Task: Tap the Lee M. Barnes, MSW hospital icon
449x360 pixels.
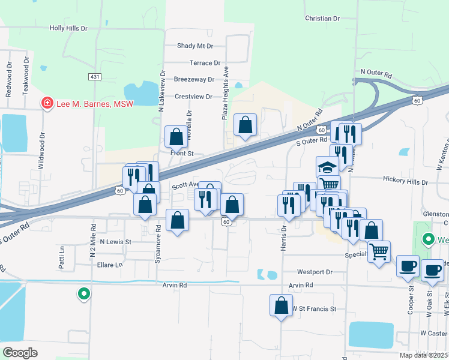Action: pyautogui.click(x=46, y=103)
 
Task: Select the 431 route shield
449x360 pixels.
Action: pyautogui.click(x=94, y=77)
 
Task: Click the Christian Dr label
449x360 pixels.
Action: pyautogui.click(x=322, y=19)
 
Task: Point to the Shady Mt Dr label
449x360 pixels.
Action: pyautogui.click(x=195, y=46)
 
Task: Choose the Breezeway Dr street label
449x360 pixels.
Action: pyautogui.click(x=194, y=79)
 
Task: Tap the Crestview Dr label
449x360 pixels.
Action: pyautogui.click(x=193, y=96)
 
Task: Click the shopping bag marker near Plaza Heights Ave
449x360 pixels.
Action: pyautogui.click(x=245, y=125)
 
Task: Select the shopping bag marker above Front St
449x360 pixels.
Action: pyautogui.click(x=176, y=137)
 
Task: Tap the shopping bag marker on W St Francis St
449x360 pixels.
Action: pyautogui.click(x=281, y=305)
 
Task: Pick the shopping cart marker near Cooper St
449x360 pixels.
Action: pyautogui.click(x=378, y=252)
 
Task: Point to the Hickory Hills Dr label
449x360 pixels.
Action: pyautogui.click(x=405, y=181)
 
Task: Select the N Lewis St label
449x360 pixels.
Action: pyautogui.click(x=115, y=241)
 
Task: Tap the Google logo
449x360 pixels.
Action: pyautogui.click(x=20, y=353)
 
